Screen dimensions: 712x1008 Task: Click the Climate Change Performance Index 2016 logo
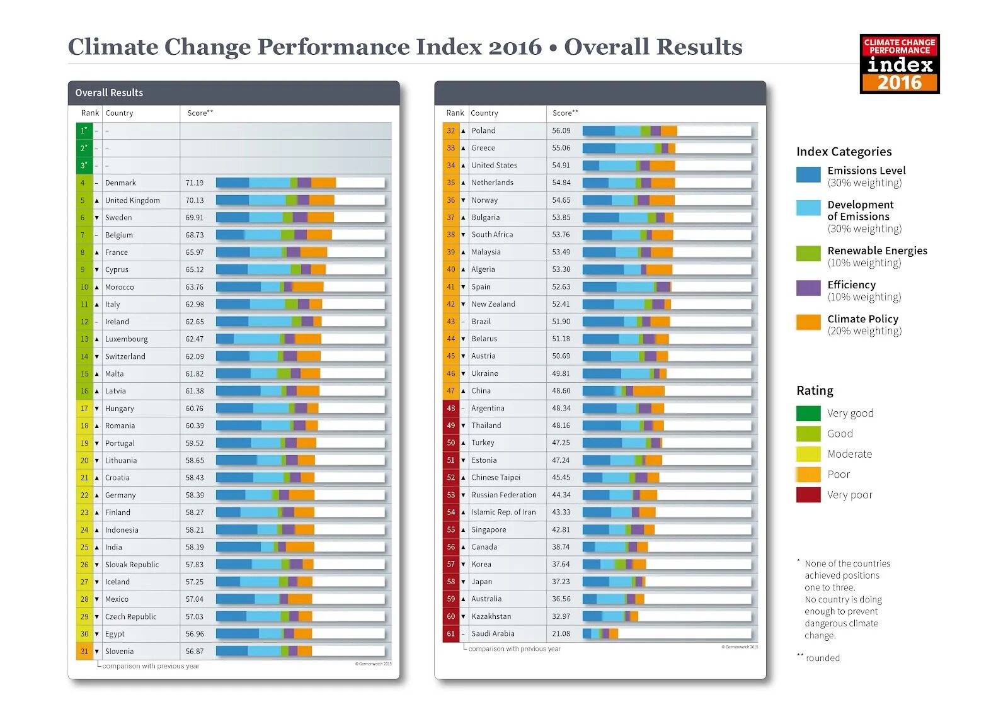point(899,64)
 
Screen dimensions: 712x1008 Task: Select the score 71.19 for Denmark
point(195,183)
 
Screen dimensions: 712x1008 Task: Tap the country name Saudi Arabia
point(493,634)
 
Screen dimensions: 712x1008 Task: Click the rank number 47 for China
point(451,391)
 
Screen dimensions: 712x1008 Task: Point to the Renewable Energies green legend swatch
point(808,254)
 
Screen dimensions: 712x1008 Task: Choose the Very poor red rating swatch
point(808,495)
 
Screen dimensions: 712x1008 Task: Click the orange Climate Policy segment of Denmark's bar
point(323,183)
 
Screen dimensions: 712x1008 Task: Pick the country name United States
point(494,166)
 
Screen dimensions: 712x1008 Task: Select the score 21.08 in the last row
point(561,634)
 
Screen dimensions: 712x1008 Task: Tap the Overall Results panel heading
point(109,93)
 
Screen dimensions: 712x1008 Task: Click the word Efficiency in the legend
point(851,285)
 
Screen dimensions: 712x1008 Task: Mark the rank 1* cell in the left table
point(84,131)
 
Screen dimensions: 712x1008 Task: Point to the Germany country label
point(120,495)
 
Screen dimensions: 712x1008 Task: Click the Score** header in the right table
point(565,113)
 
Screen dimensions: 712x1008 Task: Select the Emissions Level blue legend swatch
point(808,174)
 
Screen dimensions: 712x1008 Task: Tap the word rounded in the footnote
point(823,658)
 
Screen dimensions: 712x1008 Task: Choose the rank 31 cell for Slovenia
point(84,652)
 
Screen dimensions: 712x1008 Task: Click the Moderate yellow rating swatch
point(808,454)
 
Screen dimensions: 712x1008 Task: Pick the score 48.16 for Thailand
point(561,426)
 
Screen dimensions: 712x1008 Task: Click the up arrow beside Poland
point(464,131)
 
